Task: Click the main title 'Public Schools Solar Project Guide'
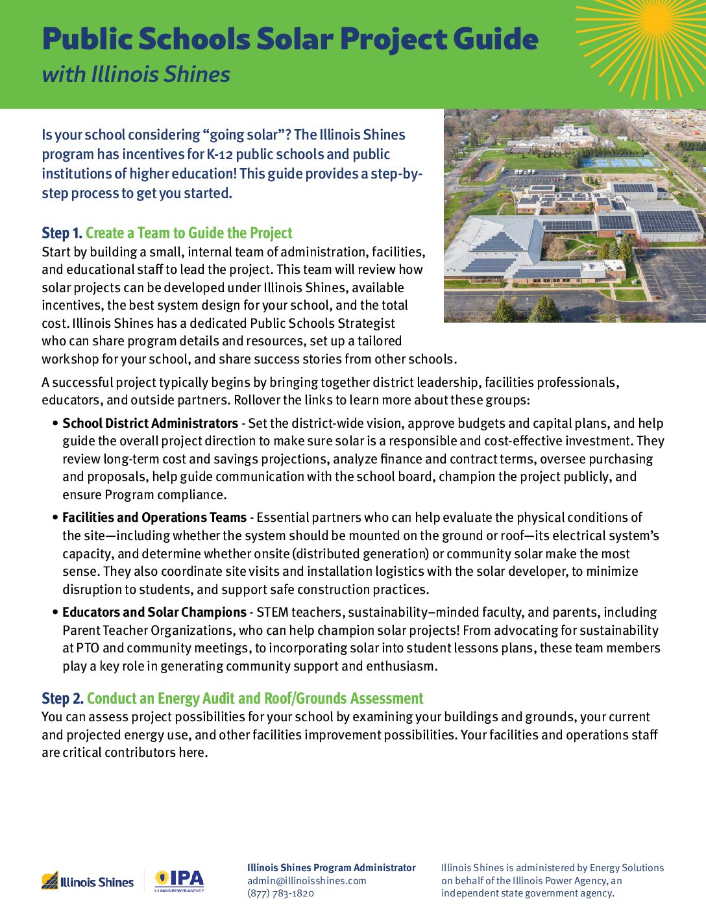point(290,39)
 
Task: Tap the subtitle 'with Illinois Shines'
point(136,74)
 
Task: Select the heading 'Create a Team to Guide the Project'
point(189,233)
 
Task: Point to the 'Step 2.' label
point(62,698)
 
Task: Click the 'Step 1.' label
point(62,233)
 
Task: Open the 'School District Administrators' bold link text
point(150,423)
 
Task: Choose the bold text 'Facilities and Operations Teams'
point(154,517)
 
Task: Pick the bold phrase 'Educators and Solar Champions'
point(154,612)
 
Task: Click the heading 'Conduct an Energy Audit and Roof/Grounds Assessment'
point(255,698)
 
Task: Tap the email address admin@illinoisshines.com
point(306,881)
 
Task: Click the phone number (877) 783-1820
point(280,893)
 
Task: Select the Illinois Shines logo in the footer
point(88,882)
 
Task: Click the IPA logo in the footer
point(179,880)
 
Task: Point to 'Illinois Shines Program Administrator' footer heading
point(331,868)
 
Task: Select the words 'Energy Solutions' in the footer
point(627,868)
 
